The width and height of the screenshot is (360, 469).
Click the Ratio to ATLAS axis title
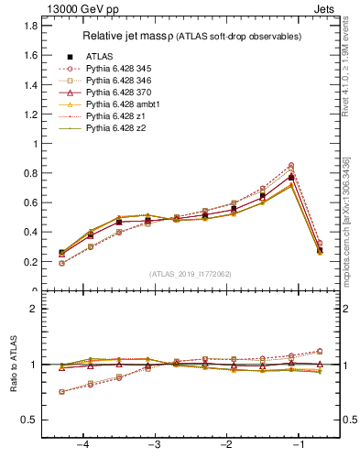(x=13, y=365)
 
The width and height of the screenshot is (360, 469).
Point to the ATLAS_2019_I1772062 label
(x=190, y=273)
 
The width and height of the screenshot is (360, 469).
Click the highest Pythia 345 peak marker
(x=291, y=165)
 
